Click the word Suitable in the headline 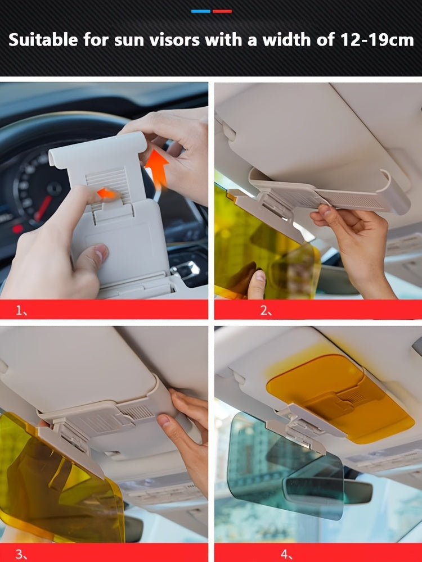pos(43,39)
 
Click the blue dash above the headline pos(201,11)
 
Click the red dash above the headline pos(222,11)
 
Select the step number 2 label pos(266,310)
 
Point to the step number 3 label pos(21,554)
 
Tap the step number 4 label pos(286,554)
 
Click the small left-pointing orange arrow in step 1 pos(106,193)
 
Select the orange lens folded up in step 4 pos(341,398)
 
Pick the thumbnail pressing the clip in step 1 pos(101,251)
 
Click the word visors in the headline pos(174,39)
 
